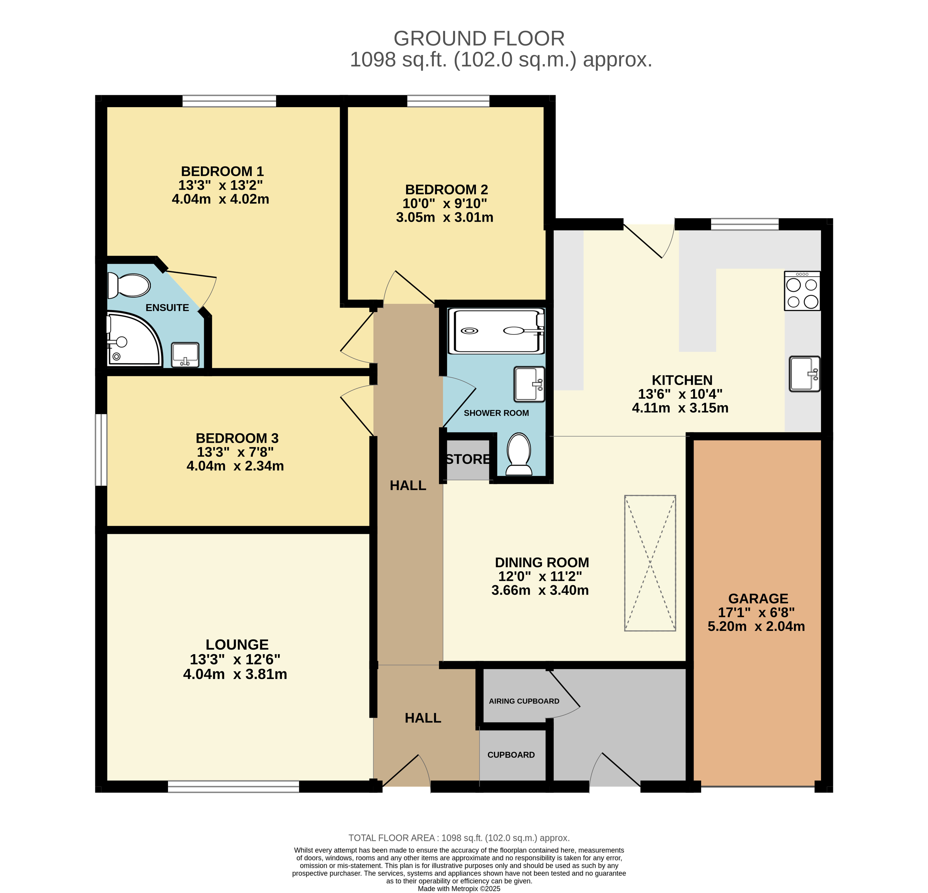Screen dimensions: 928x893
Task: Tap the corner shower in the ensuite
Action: (134, 339)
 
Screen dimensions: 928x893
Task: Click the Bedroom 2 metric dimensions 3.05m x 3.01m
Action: (445, 217)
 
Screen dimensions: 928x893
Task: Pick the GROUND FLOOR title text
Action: (479, 38)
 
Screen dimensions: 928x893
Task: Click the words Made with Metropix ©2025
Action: (459, 889)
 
